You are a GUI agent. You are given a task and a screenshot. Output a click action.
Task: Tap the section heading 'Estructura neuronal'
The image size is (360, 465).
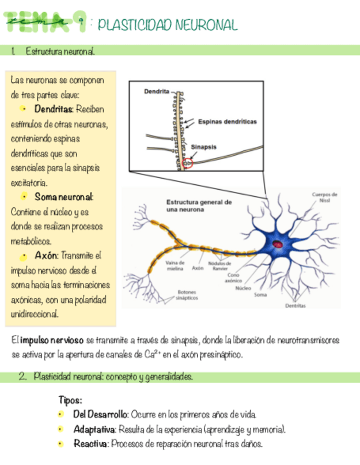tap(60, 51)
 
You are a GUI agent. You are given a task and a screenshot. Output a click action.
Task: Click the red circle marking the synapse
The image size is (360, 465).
tap(188, 163)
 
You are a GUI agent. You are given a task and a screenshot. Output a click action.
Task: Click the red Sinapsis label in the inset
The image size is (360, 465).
tap(204, 147)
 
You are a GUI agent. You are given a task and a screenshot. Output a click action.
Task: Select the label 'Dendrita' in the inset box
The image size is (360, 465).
tap(156, 91)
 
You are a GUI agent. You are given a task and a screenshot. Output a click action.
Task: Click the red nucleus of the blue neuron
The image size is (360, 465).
tap(278, 243)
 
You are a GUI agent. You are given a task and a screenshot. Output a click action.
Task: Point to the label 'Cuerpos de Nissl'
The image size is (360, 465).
tap(324, 197)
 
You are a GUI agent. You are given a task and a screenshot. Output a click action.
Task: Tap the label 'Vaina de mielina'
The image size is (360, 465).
tap(175, 265)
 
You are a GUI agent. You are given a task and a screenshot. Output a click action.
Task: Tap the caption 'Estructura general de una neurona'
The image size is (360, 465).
tap(199, 205)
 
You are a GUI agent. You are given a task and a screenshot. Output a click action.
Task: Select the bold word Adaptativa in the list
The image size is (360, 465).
tap(94, 429)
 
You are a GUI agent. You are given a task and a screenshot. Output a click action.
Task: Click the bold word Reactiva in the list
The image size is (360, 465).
tap(90, 444)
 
